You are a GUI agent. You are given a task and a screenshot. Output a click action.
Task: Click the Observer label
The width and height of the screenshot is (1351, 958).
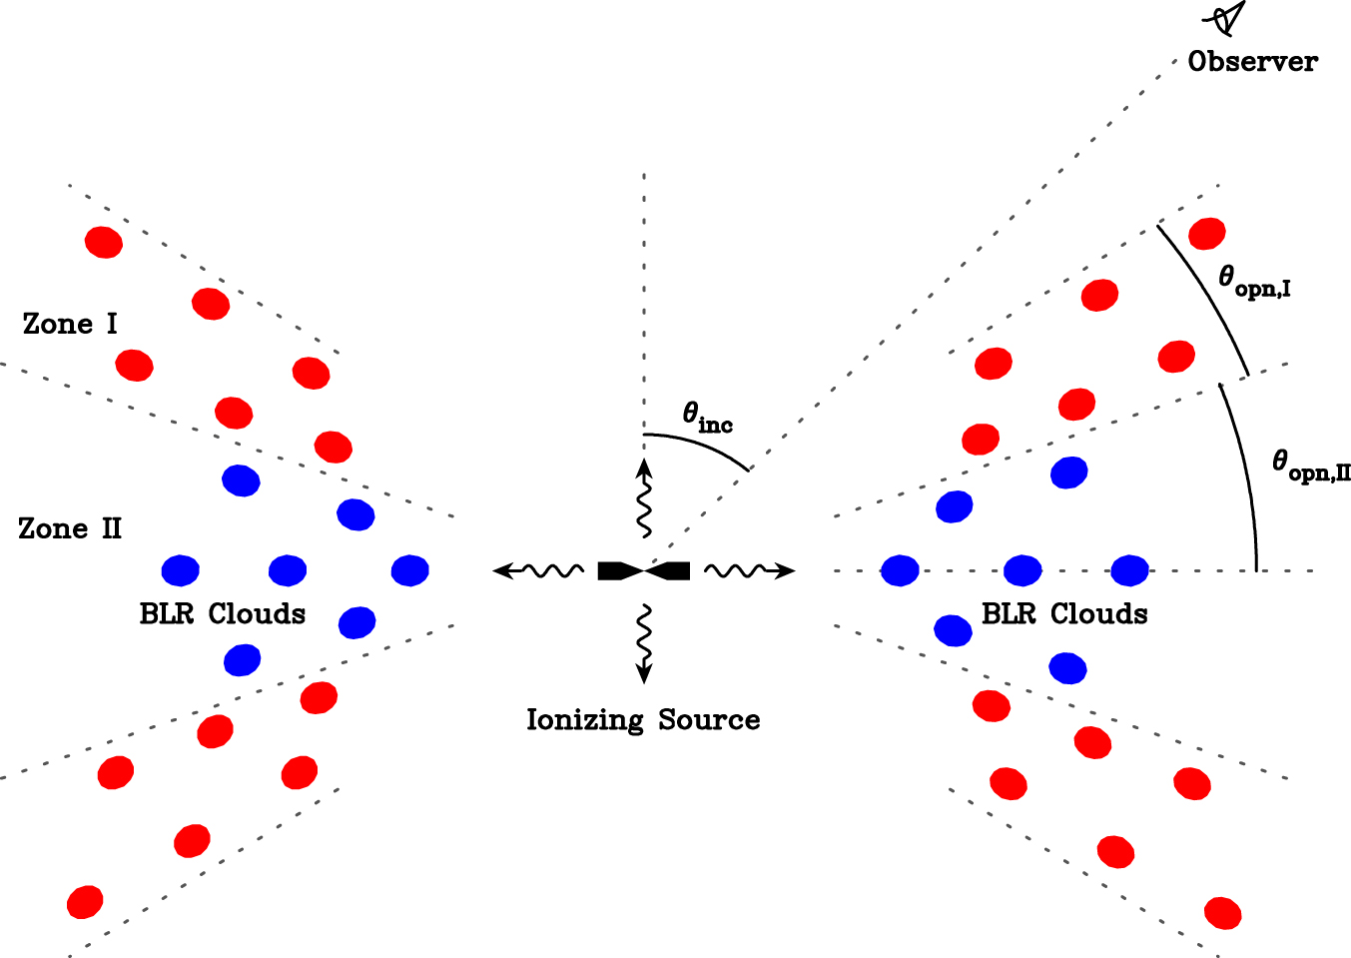pyautogui.click(x=1252, y=62)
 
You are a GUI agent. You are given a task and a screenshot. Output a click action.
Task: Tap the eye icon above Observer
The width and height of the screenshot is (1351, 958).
pyautogui.click(x=1226, y=19)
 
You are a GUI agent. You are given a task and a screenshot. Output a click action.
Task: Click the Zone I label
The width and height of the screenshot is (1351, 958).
pyautogui.click(x=70, y=325)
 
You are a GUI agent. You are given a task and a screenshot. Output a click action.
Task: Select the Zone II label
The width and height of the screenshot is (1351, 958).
pyautogui.click(x=70, y=528)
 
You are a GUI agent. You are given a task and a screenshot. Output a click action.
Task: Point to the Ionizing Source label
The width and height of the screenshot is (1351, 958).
pyautogui.click(x=643, y=720)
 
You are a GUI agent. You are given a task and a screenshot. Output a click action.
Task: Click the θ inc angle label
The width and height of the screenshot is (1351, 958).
pyautogui.click(x=707, y=418)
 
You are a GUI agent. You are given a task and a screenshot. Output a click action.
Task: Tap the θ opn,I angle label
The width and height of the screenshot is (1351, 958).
pyautogui.click(x=1254, y=282)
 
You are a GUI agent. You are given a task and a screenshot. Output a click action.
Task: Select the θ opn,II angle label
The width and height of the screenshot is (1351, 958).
pyautogui.click(x=1310, y=466)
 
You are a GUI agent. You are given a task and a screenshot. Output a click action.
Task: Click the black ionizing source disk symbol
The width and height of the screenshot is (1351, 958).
pyautogui.click(x=644, y=571)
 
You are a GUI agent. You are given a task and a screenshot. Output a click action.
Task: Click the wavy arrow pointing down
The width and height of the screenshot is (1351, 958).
pyautogui.click(x=644, y=642)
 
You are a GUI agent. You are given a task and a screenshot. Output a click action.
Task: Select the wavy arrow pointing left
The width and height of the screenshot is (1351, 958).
pyautogui.click(x=539, y=570)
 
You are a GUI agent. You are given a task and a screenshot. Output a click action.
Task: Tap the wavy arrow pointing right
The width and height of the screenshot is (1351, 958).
pyautogui.click(x=749, y=570)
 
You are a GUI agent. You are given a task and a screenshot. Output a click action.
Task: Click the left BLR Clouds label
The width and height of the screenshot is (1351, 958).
pyautogui.click(x=222, y=613)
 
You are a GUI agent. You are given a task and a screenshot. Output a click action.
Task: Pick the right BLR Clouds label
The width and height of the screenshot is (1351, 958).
pyautogui.click(x=1064, y=613)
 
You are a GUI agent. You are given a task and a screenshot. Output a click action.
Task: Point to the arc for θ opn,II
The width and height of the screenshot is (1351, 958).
pyautogui.click(x=1244, y=470)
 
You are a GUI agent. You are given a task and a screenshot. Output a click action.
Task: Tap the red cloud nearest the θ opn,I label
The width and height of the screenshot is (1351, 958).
pyautogui.click(x=1206, y=234)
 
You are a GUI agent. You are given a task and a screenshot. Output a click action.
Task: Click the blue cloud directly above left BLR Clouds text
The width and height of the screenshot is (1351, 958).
pyautogui.click(x=288, y=570)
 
